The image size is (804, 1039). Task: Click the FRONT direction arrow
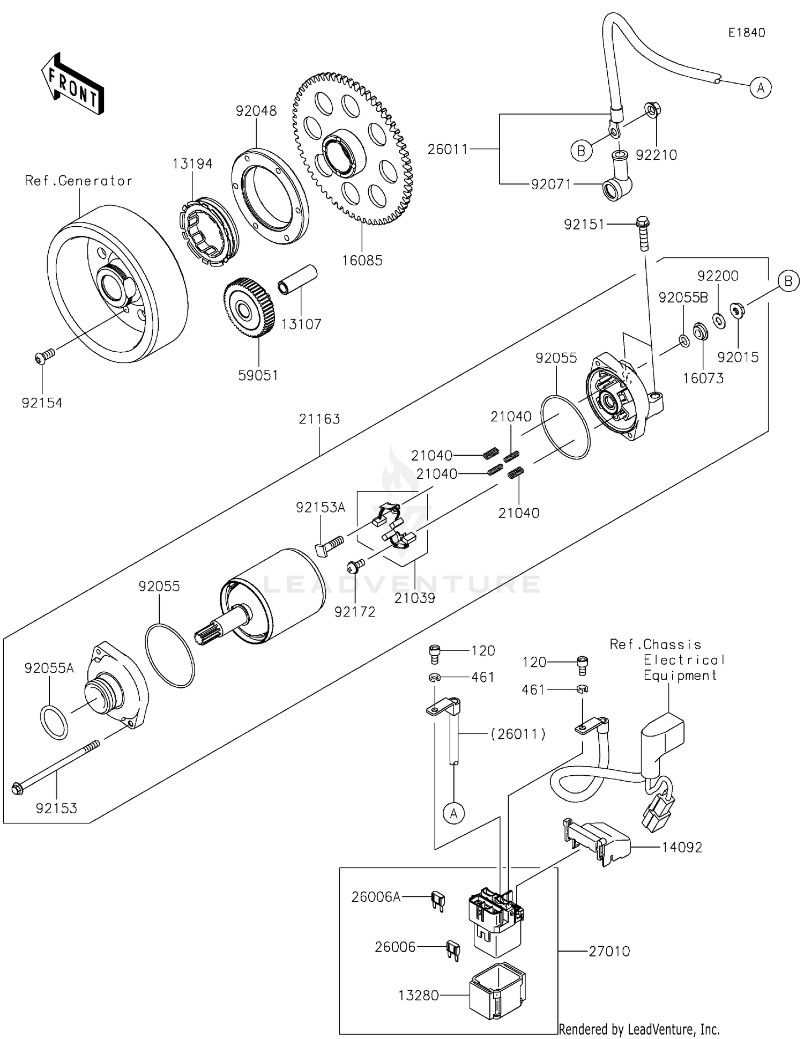click(x=72, y=84)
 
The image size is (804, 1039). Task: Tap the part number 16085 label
click(x=362, y=261)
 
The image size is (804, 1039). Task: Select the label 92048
click(x=256, y=111)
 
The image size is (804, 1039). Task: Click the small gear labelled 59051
click(x=250, y=308)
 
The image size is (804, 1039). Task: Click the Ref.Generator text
click(x=78, y=181)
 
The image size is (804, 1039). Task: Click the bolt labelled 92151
click(x=642, y=233)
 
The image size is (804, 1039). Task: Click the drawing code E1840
click(x=746, y=33)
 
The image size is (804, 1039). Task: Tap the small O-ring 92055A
click(x=54, y=722)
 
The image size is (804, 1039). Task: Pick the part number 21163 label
click(x=319, y=419)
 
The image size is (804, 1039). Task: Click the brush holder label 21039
click(x=414, y=598)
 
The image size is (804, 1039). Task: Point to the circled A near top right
click(x=760, y=87)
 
